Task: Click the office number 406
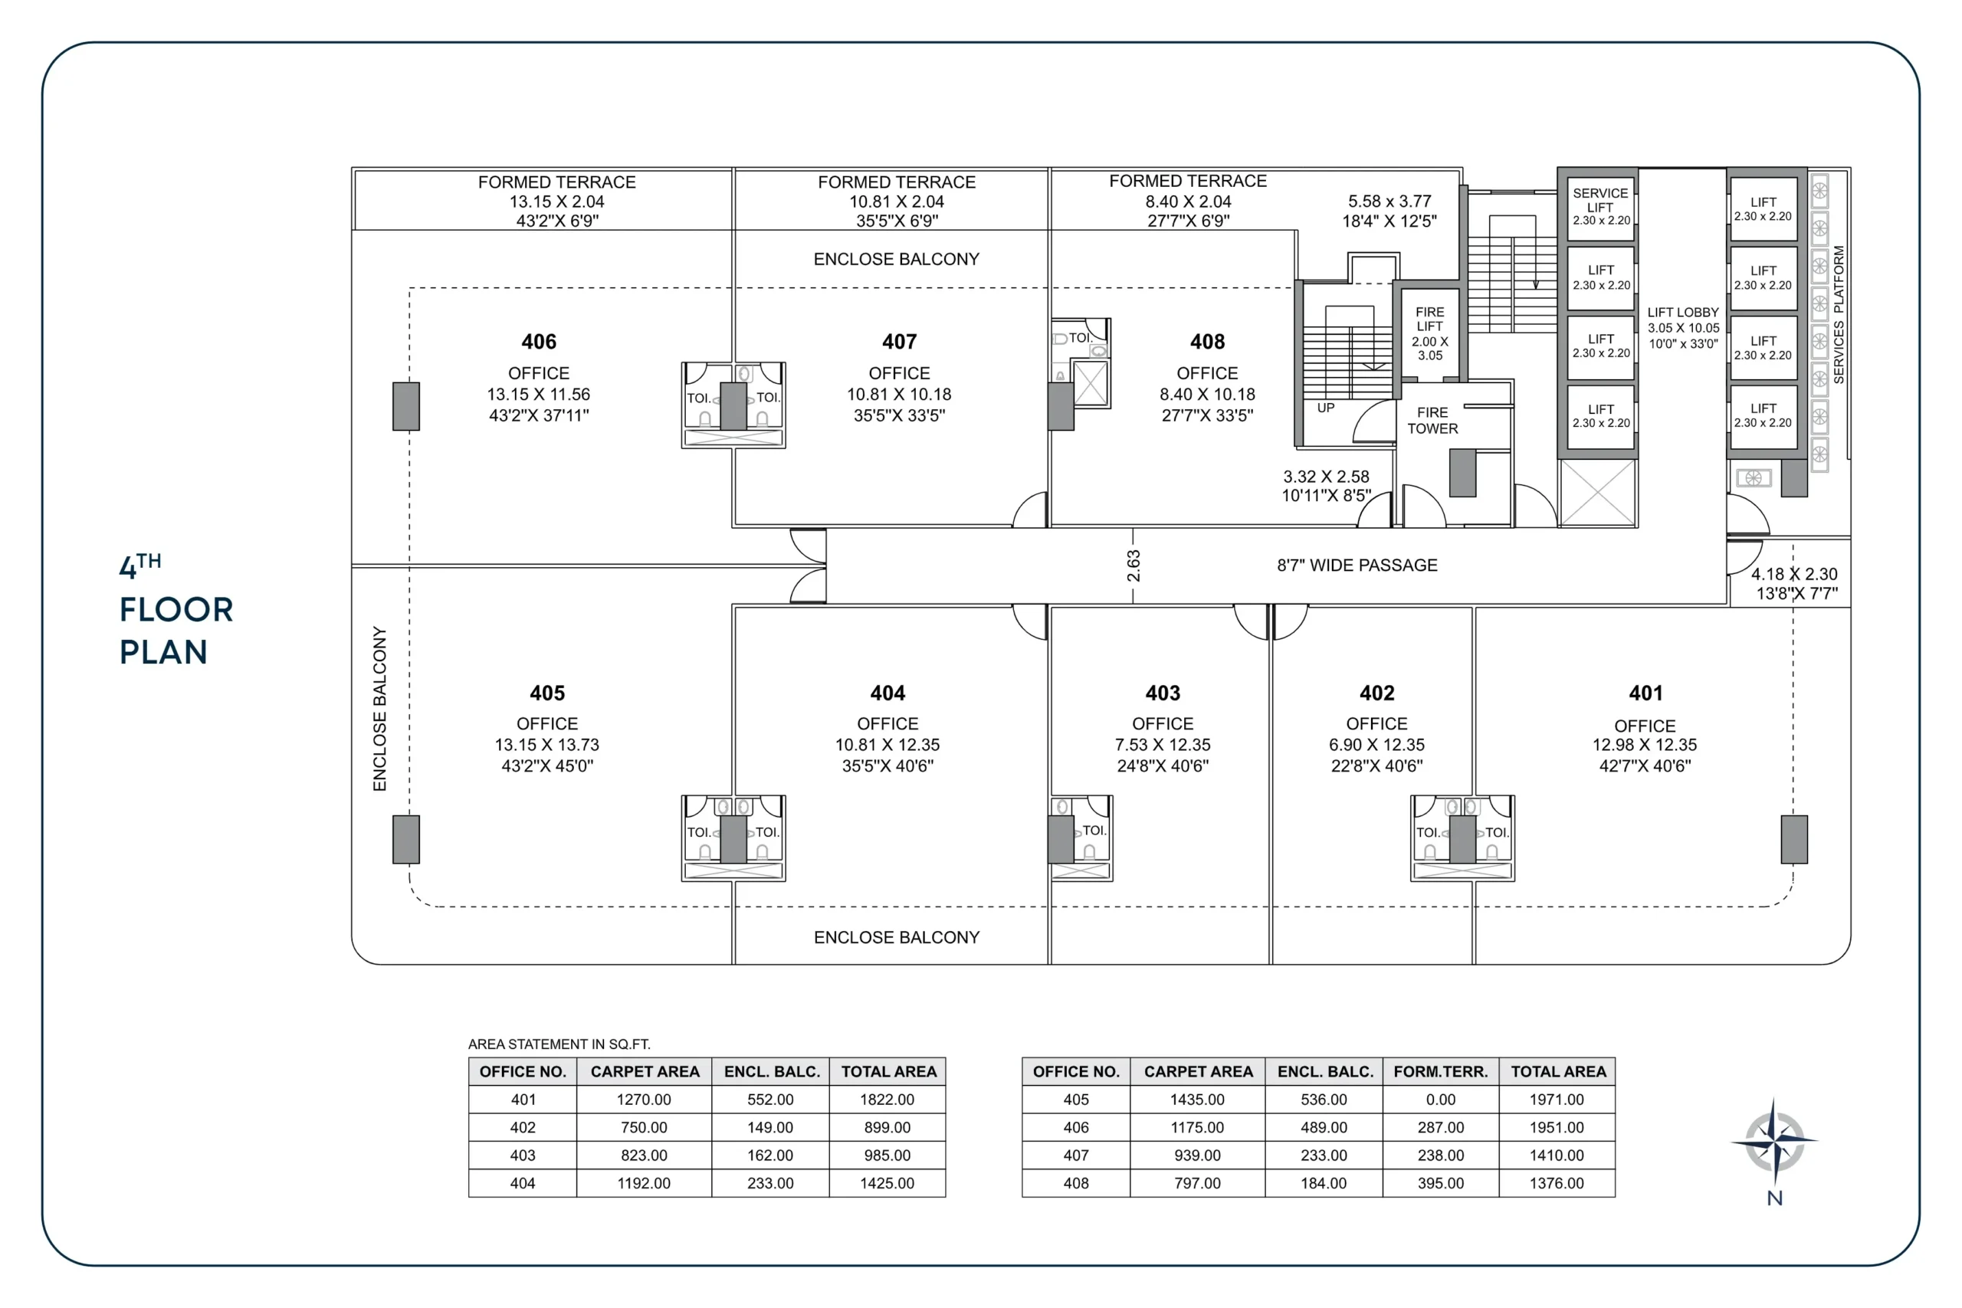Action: [538, 342]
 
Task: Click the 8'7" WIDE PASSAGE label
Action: [1357, 565]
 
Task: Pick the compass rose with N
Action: [1773, 1142]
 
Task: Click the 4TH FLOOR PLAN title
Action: [176, 610]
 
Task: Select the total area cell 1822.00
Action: [887, 1100]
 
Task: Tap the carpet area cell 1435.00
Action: [1197, 1100]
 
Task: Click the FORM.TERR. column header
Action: [1440, 1071]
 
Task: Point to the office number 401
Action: [1645, 693]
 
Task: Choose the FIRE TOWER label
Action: [1432, 421]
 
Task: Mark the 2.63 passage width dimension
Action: [1133, 565]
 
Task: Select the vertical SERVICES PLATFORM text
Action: [1839, 314]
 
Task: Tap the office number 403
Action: [1162, 693]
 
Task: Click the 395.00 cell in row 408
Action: [1440, 1183]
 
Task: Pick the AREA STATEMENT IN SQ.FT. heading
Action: [559, 1044]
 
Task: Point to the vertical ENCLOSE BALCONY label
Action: [379, 708]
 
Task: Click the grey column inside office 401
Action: [1793, 839]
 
